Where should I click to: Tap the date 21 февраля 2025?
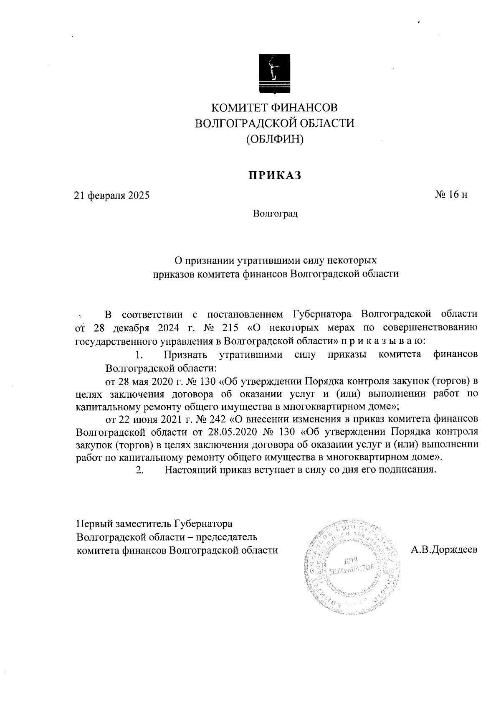[111, 196]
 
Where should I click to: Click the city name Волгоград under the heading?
[275, 214]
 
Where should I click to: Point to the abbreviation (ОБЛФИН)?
[275, 139]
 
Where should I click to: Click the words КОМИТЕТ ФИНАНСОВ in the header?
[275, 108]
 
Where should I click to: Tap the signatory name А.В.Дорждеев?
[444, 550]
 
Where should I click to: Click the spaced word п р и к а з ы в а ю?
[383, 341]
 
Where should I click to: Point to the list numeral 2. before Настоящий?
[140, 470]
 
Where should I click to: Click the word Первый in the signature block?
[92, 524]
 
